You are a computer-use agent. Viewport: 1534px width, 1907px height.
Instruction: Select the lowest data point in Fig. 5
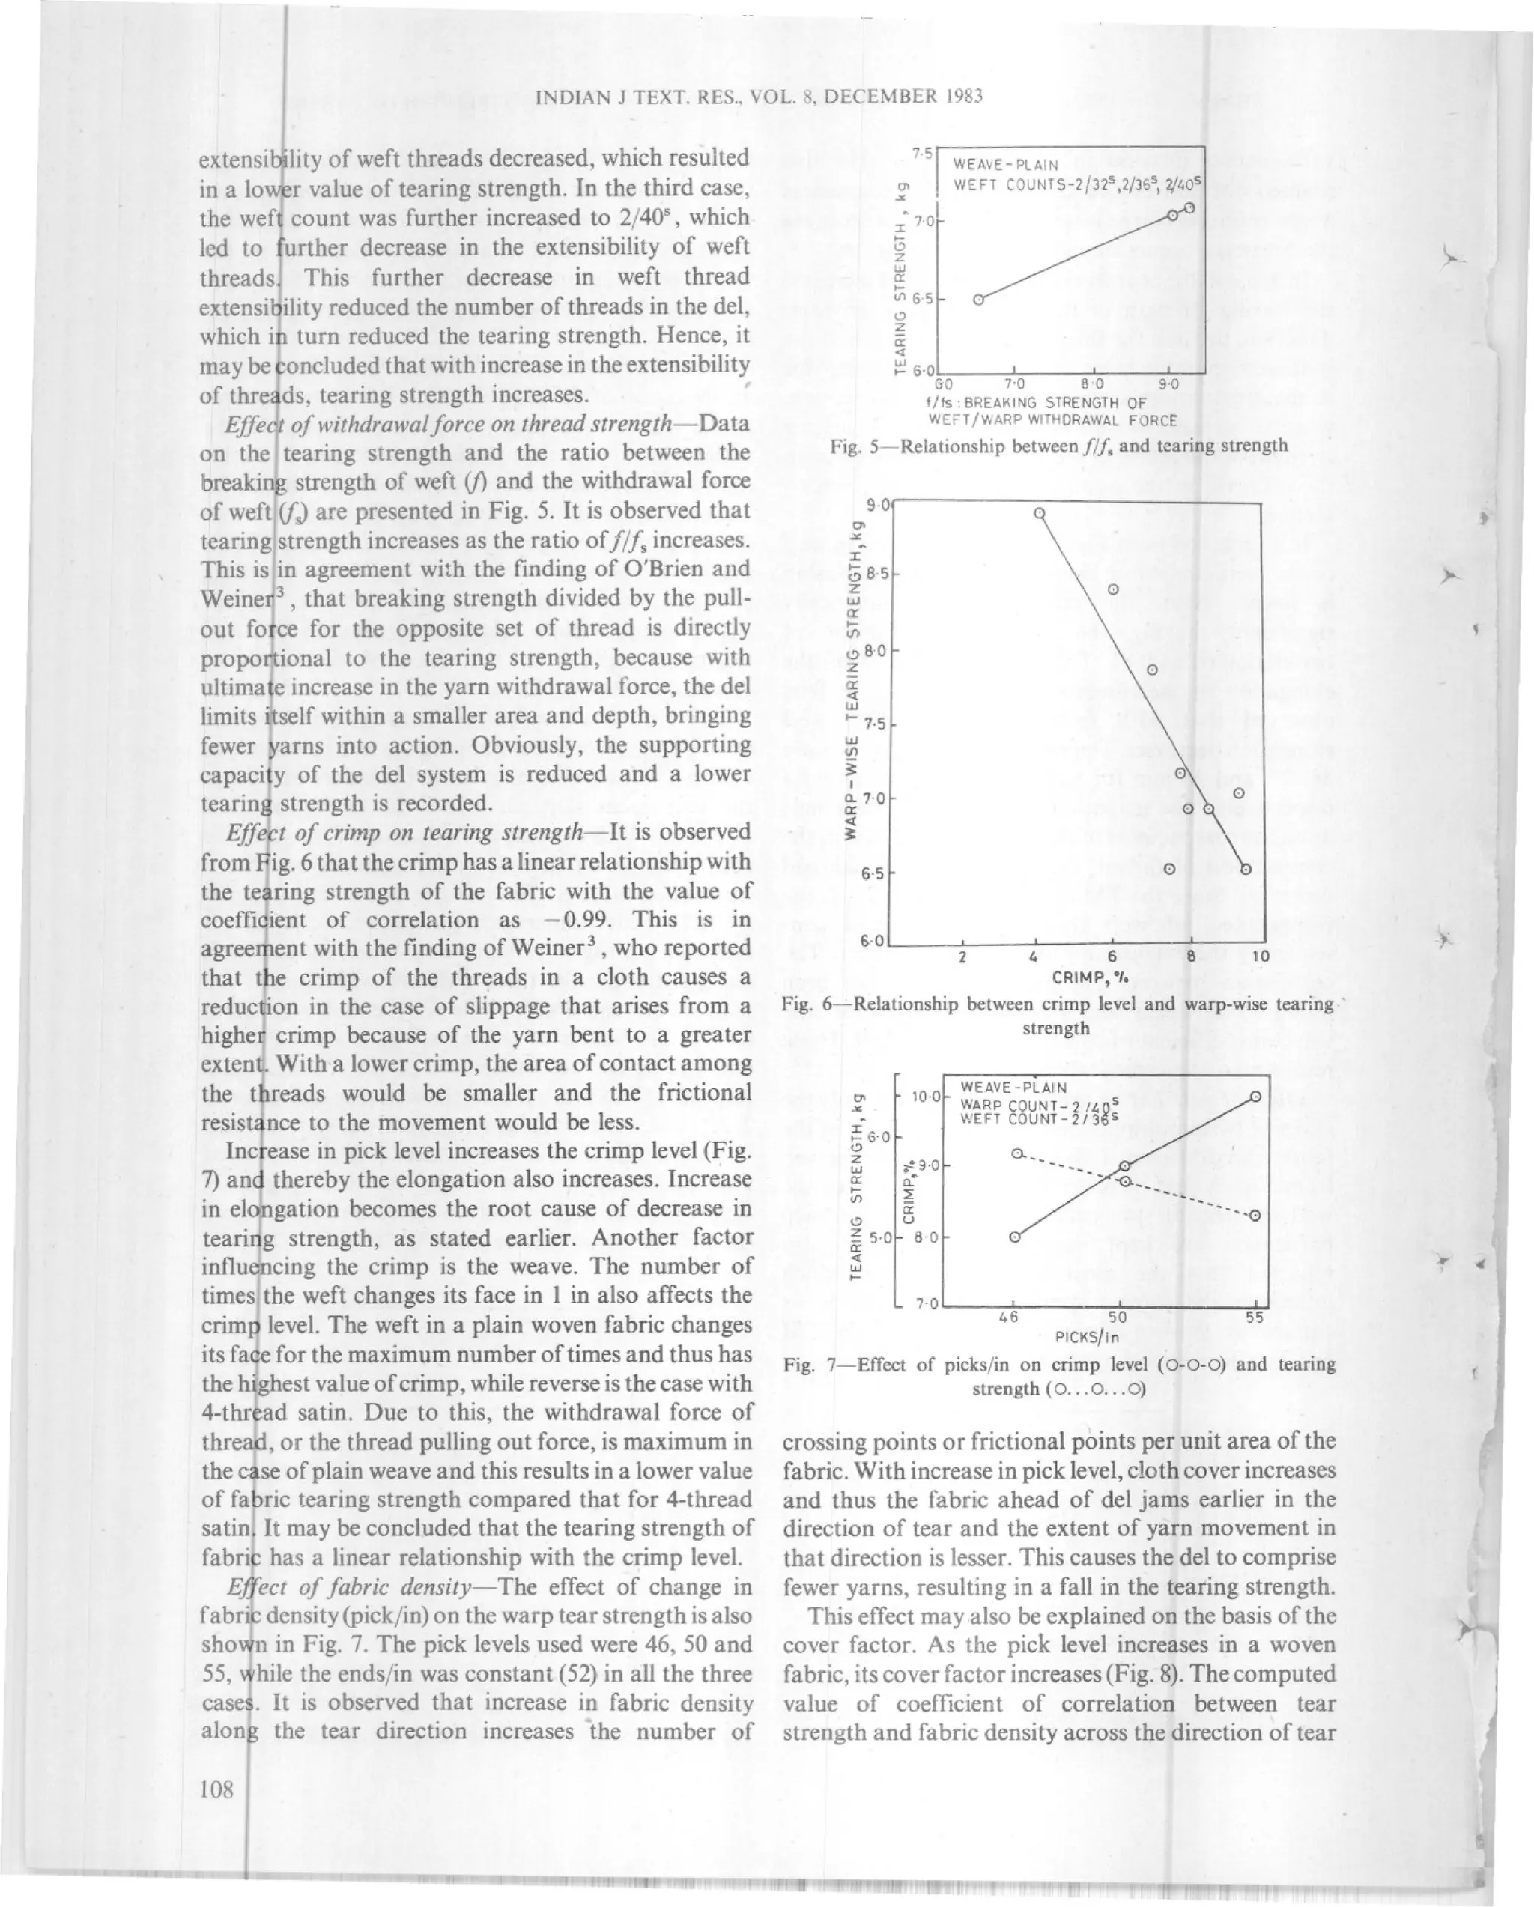pyautogui.click(x=978, y=300)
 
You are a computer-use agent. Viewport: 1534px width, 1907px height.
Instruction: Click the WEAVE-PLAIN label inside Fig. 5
pyautogui.click(x=1005, y=165)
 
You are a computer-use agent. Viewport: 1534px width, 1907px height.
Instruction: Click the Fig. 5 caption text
pyautogui.click(x=1058, y=446)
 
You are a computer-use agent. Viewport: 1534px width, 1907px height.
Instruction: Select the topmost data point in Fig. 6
pyautogui.click(x=1040, y=513)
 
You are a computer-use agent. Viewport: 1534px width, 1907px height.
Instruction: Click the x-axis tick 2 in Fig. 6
pyautogui.click(x=962, y=956)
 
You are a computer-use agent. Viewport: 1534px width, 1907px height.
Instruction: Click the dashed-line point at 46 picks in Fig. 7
pyautogui.click(x=1017, y=1154)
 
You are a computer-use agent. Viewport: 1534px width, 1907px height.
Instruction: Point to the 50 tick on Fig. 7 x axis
pyautogui.click(x=1119, y=1316)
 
